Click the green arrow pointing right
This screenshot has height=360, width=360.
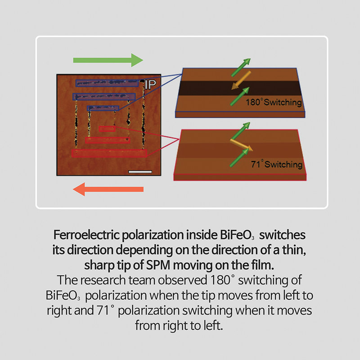coord(108,59)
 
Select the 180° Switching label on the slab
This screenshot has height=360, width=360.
coord(274,103)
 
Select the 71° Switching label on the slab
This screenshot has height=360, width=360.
coord(276,164)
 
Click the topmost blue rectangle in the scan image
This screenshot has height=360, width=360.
coord(107,83)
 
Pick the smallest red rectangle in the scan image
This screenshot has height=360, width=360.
coord(107,129)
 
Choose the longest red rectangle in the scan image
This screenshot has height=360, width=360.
coord(109,153)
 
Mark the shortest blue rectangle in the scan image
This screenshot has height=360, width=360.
coord(103,108)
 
